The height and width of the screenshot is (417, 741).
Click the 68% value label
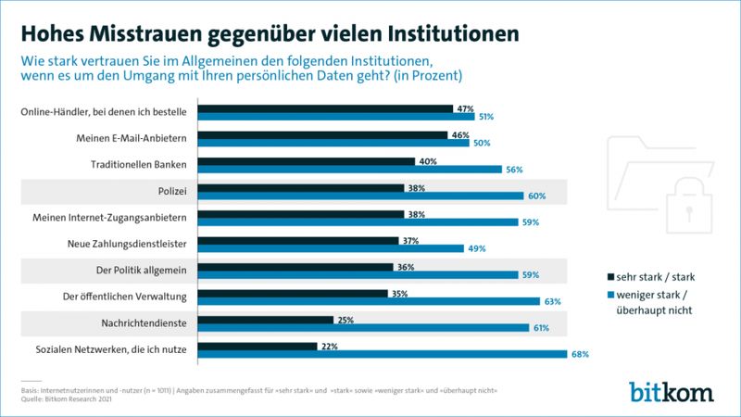point(581,354)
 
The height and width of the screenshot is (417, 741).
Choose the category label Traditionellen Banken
point(137,165)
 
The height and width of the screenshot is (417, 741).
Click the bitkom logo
point(672,390)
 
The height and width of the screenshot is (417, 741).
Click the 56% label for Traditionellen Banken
point(514,170)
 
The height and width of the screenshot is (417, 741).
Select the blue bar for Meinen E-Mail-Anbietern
point(335,144)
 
